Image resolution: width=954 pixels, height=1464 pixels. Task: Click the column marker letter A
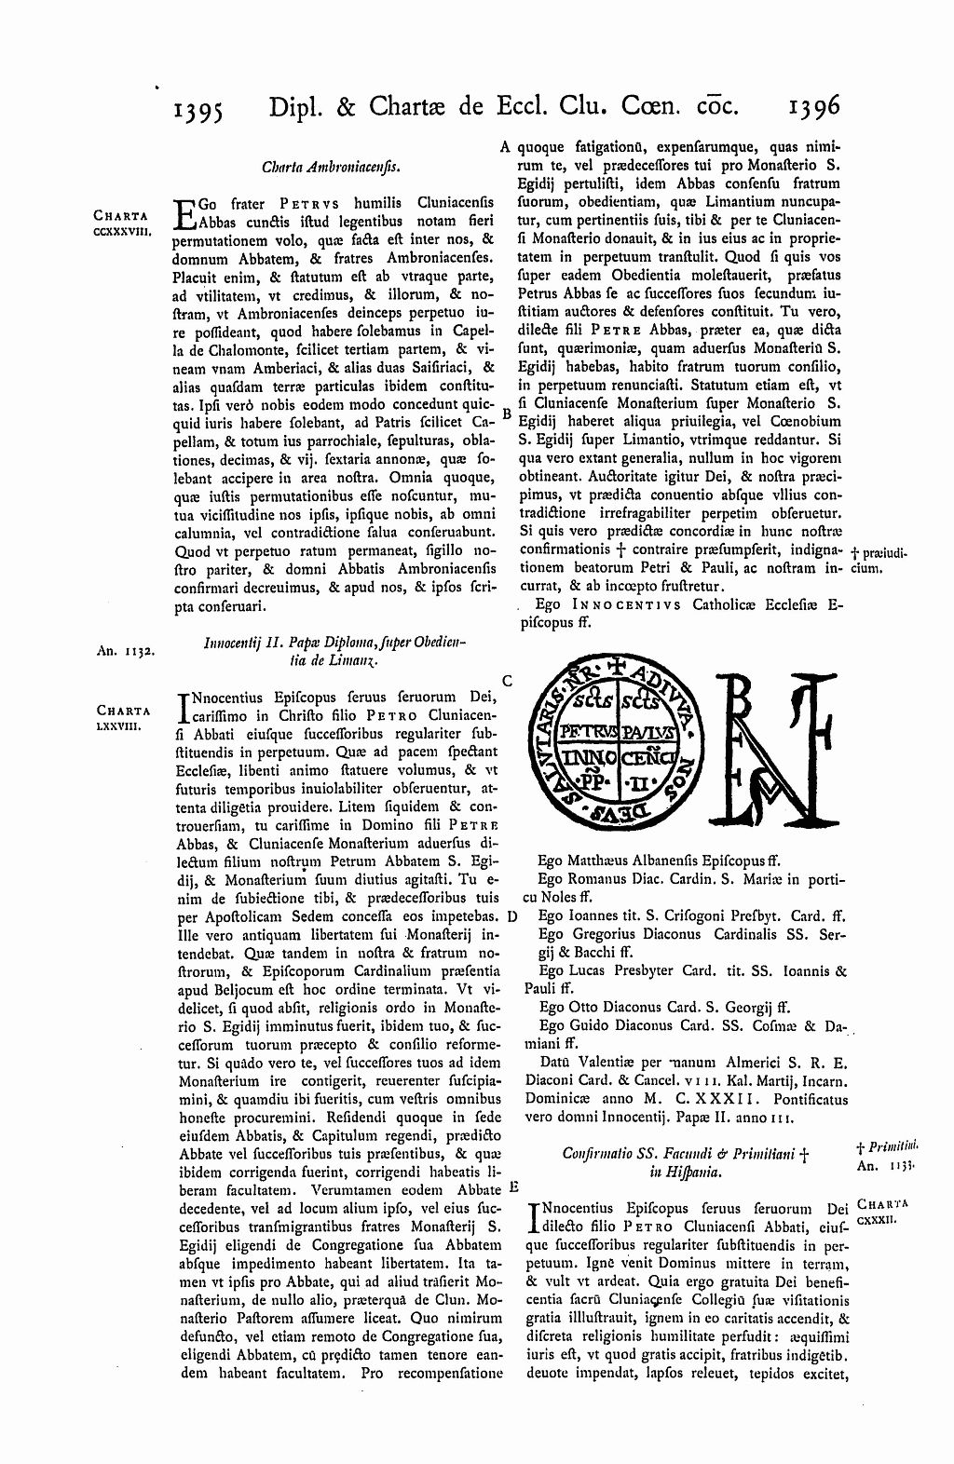[x=505, y=146]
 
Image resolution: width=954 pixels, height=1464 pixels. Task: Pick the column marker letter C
[x=508, y=682]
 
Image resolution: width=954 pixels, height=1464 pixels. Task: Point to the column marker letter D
[x=512, y=915]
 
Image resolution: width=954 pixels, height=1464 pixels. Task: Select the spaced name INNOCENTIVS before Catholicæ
[x=623, y=604]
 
